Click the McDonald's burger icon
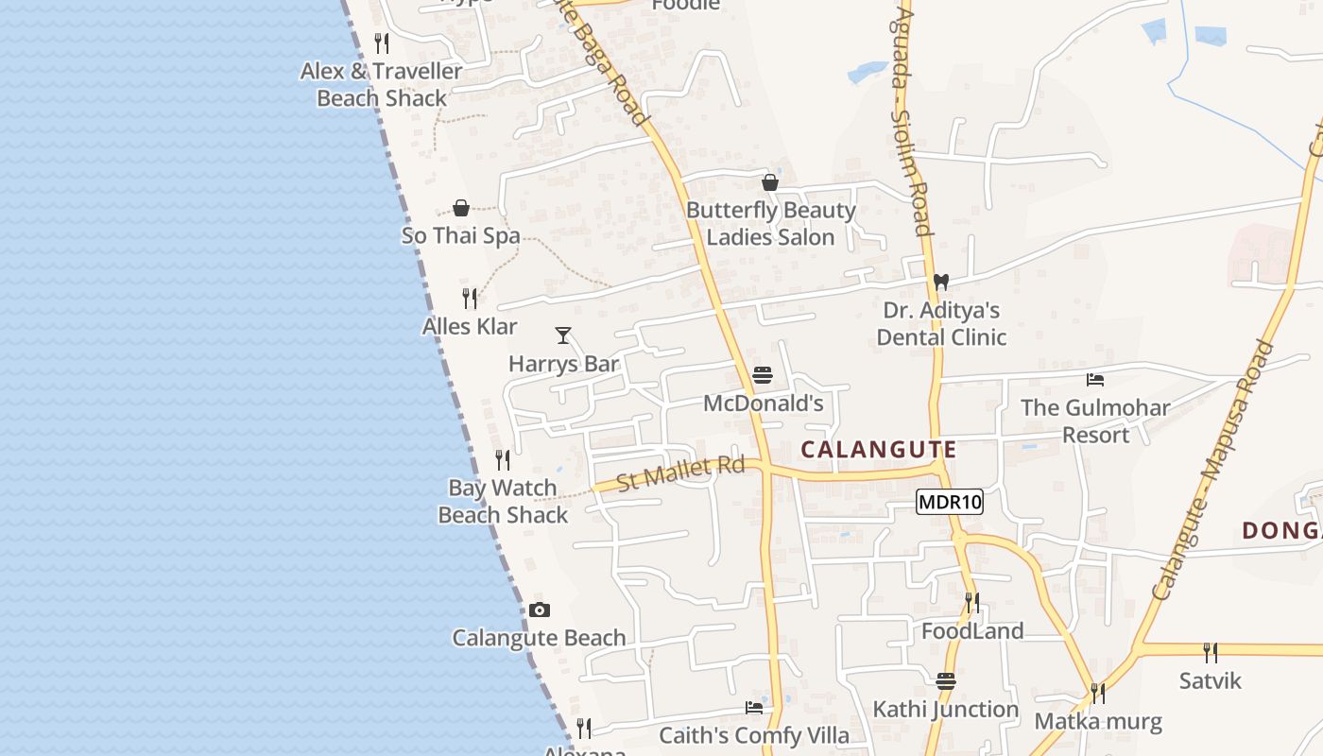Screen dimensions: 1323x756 pos(763,376)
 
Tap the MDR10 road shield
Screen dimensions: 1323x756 pos(950,502)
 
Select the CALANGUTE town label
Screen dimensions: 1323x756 pos(879,450)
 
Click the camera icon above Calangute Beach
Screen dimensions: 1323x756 pos(540,610)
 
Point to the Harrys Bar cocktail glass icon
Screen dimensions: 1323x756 pos(563,335)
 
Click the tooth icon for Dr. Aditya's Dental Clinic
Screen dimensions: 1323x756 pos(940,282)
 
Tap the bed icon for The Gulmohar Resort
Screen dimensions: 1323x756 pos(1095,380)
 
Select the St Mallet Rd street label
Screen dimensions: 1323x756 pos(680,472)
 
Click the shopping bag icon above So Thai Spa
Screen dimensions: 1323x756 pos(461,208)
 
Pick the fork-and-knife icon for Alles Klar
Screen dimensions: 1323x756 pos(470,299)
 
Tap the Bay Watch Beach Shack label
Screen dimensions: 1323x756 pos(503,502)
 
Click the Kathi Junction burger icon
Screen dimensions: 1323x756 pos(946,681)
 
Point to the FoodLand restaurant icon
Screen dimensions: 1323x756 pos(971,602)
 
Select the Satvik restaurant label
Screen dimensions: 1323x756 pos(1211,680)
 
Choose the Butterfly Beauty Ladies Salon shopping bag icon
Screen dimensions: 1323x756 pos(770,182)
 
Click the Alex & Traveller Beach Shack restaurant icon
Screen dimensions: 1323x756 pos(382,43)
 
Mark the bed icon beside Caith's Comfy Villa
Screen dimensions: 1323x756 pos(754,707)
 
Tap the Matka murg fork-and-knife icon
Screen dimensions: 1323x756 pos(1098,694)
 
